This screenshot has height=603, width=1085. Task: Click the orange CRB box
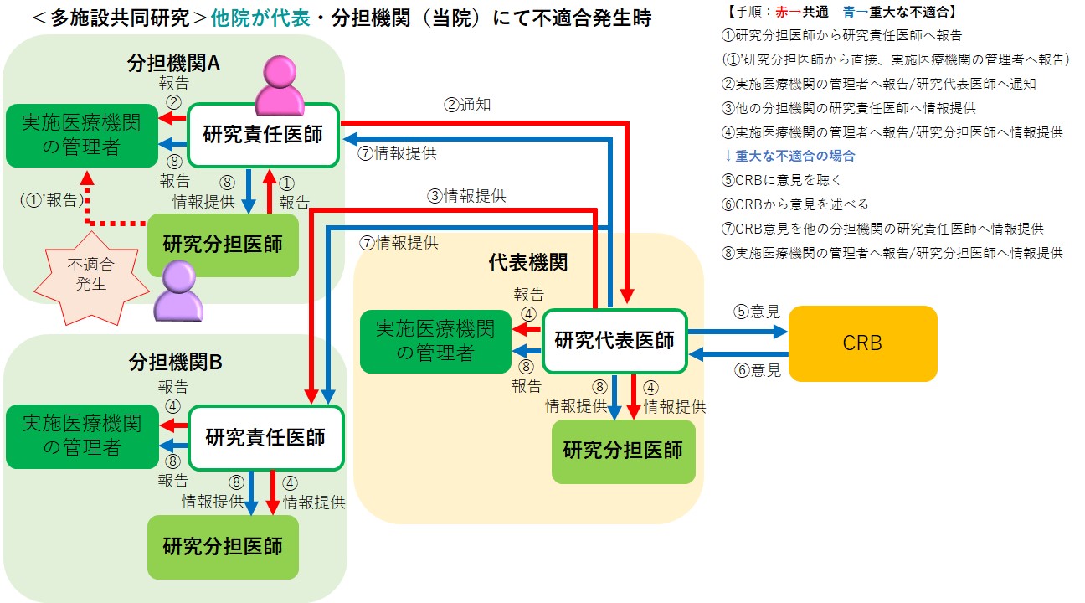click(x=862, y=343)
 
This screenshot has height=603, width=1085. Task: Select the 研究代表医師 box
click(x=614, y=341)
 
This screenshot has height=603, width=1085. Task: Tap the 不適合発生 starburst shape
click(x=87, y=274)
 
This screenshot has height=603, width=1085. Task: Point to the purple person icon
click(x=179, y=290)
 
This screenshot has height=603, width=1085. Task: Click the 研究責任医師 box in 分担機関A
click(x=263, y=134)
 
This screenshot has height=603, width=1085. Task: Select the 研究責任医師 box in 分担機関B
click(x=265, y=437)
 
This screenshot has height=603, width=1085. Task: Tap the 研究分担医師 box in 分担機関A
click(x=223, y=245)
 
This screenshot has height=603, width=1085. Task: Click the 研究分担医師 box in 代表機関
click(x=623, y=451)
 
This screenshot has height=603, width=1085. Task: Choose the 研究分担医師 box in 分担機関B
click(x=223, y=547)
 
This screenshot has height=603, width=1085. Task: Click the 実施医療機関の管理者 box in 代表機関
click(x=435, y=341)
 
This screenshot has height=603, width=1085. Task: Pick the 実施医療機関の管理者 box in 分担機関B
click(x=81, y=435)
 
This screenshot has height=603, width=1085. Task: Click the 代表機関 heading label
click(x=527, y=263)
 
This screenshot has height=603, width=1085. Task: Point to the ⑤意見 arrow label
click(x=757, y=312)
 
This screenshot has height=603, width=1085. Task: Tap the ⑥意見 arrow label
click(x=757, y=369)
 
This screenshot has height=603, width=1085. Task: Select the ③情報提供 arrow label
click(x=467, y=196)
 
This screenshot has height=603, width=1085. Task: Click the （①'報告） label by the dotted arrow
click(x=51, y=201)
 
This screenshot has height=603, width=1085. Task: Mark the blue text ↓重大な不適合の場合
click(x=789, y=156)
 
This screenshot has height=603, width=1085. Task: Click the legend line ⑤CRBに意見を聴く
click(x=781, y=180)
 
